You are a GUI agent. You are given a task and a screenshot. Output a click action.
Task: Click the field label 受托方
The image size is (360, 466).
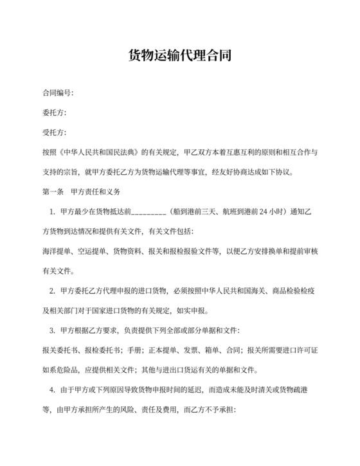[x=53, y=133]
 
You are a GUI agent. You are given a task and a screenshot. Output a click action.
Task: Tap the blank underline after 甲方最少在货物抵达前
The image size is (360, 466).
[x=150, y=211]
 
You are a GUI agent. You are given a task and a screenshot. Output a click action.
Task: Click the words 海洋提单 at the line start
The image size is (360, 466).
[x=54, y=251]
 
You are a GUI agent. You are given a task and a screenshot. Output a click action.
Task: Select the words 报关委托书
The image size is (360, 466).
[x=57, y=350]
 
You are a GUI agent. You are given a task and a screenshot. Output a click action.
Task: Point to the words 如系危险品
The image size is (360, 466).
[x=57, y=370]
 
